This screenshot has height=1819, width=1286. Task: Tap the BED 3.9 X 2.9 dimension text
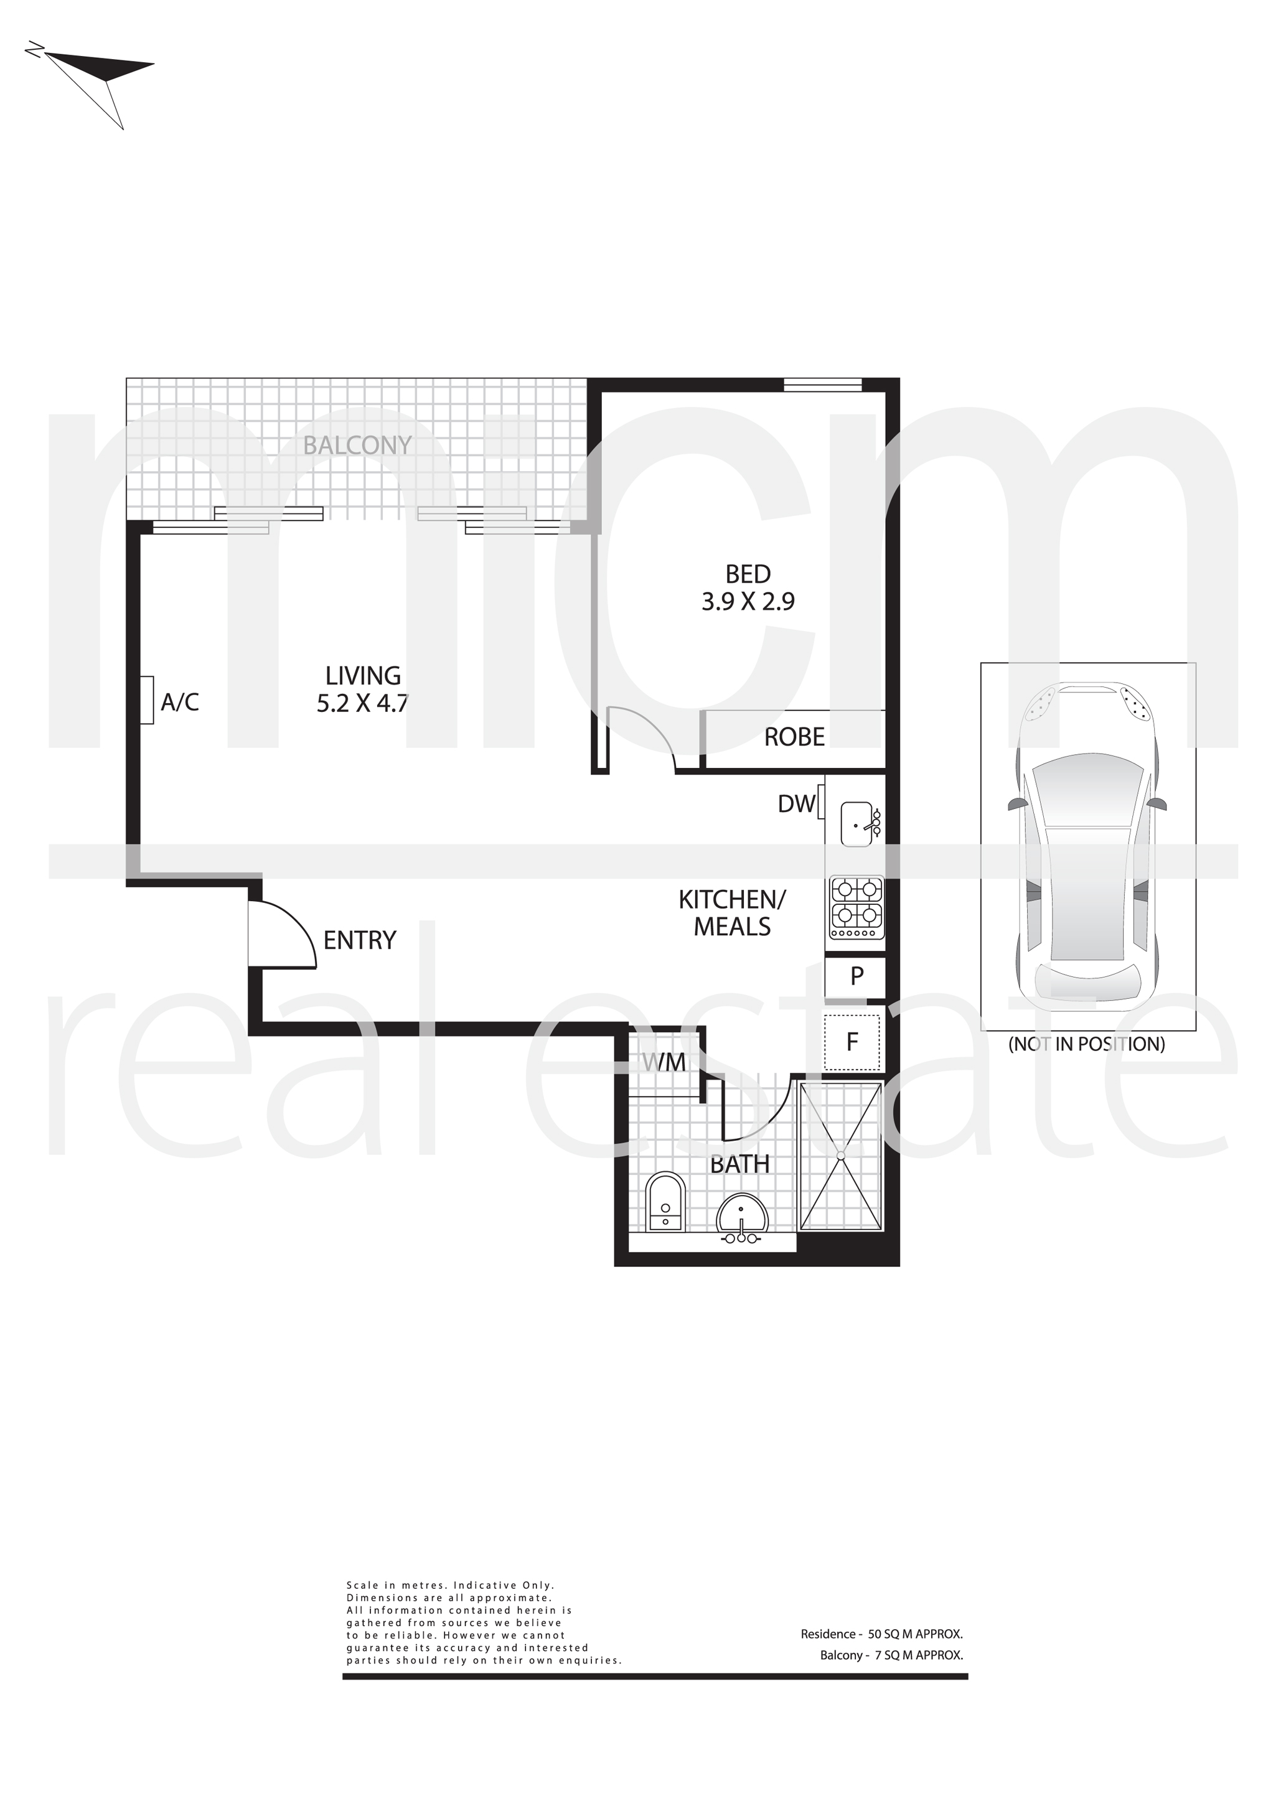pos(748,587)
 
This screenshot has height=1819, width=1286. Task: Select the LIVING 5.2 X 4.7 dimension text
pos(363,690)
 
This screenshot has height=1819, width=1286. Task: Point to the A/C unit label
pos(180,702)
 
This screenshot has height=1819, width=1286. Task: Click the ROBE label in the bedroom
pos(794,737)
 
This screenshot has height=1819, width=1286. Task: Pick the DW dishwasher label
pos(796,803)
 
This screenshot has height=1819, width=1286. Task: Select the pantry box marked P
pos(855,976)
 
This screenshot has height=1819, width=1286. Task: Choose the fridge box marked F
pos(853,1041)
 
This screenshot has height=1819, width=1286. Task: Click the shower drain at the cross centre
pos(841,1156)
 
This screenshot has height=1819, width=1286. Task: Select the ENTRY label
pos(360,940)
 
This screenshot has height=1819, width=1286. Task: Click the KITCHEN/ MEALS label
pos(732,913)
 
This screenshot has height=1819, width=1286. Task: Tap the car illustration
pos(1088,846)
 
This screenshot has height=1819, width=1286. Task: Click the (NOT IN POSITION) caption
pos(1086,1044)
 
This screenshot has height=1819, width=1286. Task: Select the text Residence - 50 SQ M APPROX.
pos(881,1634)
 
